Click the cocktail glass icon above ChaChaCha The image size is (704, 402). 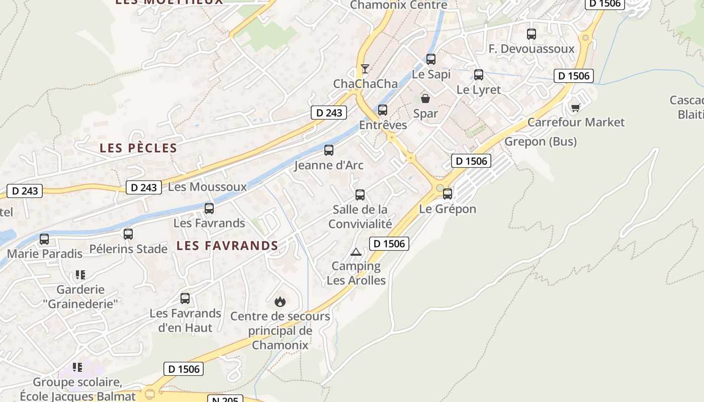tap(365, 69)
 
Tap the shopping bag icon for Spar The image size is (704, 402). tap(425, 98)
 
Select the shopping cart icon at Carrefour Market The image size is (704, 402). tap(576, 108)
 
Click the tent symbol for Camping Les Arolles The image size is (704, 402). tap(356, 252)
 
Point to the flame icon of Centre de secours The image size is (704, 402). tap(280, 301)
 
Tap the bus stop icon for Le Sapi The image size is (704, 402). tap(431, 59)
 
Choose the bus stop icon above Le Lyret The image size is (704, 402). tap(479, 75)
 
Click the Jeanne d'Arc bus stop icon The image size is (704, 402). tap(329, 150)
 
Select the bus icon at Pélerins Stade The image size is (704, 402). tap(128, 234)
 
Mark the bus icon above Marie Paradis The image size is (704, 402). tap(44, 239)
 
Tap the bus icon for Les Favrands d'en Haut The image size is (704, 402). tap(185, 298)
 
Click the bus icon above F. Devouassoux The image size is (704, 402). tap(532, 34)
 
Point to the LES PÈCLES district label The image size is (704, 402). tap(138, 148)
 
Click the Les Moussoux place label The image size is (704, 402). tap(207, 187)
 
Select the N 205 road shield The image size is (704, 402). tap(225, 399)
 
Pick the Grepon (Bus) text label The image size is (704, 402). tap(541, 142)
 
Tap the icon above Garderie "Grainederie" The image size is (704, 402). tap(80, 275)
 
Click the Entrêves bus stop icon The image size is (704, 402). tap(383, 110)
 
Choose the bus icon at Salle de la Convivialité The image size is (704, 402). tap(360, 195)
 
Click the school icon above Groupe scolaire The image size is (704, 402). tap(77, 367)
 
